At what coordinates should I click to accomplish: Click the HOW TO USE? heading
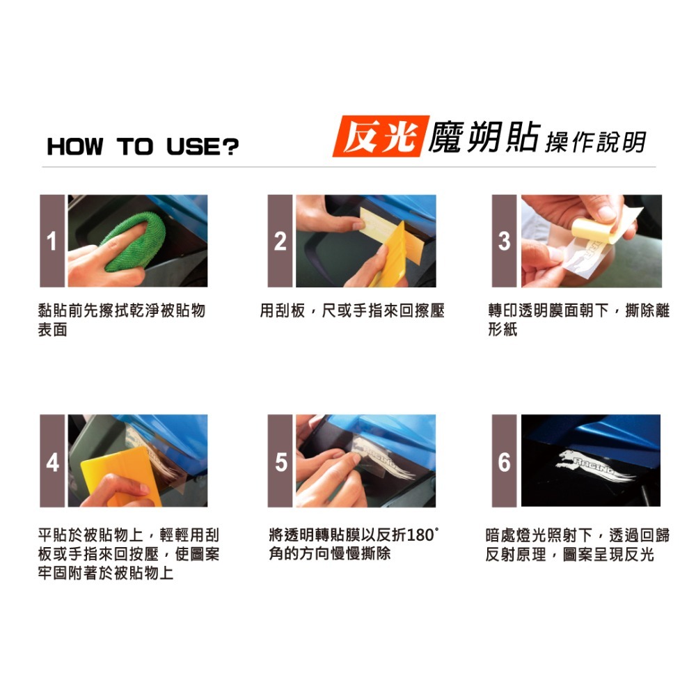tap(143, 147)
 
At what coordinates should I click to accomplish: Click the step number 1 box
tap(52, 241)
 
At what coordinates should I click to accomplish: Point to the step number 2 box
tap(280, 241)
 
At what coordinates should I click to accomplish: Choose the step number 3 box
tap(504, 241)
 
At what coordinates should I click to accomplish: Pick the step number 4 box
tap(52, 461)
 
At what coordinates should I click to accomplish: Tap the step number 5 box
tap(280, 461)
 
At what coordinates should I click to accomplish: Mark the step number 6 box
tap(504, 461)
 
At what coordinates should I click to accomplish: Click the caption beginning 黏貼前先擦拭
tap(121, 320)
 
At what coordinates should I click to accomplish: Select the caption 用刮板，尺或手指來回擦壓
tap(351, 311)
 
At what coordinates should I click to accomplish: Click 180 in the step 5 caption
tap(418, 536)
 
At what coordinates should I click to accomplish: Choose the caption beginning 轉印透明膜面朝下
tap(578, 320)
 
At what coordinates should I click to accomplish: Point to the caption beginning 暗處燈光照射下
tap(578, 545)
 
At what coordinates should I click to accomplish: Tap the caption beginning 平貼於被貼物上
tap(128, 554)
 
